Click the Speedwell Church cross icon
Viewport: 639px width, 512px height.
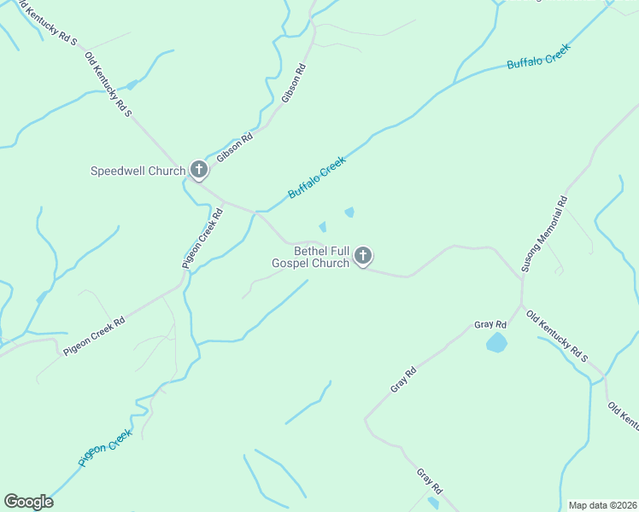(198, 171)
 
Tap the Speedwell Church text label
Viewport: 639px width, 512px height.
(138, 171)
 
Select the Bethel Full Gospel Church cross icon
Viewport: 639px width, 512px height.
(363, 256)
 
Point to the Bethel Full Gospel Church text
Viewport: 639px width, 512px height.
(310, 257)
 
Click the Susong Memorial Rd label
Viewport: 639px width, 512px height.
(543, 235)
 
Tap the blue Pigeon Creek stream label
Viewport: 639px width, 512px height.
(105, 447)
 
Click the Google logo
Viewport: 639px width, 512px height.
(28, 502)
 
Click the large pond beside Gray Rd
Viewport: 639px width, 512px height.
(495, 343)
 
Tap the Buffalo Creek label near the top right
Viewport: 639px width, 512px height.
(537, 58)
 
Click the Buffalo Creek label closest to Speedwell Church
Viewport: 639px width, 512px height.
(317, 177)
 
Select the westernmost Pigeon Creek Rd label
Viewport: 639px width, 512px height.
(94, 336)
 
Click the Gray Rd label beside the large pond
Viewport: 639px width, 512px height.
(490, 325)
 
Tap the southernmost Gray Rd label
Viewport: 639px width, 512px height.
(429, 481)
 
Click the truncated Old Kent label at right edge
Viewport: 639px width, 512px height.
(623, 416)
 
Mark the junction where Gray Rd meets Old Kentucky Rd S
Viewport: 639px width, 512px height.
(521, 305)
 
